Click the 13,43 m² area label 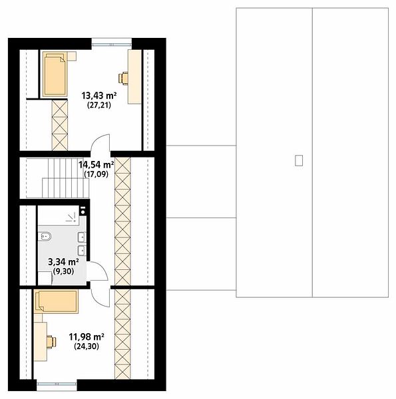click(x=99, y=96)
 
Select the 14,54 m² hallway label click(x=96, y=165)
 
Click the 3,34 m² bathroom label click(x=63, y=261)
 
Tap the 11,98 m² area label click(x=87, y=337)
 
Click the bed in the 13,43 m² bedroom click(x=55, y=74)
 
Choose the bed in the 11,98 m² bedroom click(x=56, y=301)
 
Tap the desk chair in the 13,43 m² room click(x=123, y=78)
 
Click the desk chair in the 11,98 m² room click(x=51, y=342)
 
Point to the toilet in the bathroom click(x=45, y=237)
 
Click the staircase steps click(x=66, y=178)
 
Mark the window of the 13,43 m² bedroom click(x=112, y=42)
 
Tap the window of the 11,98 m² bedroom click(x=57, y=386)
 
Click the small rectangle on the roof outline click(x=299, y=160)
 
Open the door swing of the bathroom click(x=97, y=271)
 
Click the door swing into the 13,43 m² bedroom click(x=100, y=144)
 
